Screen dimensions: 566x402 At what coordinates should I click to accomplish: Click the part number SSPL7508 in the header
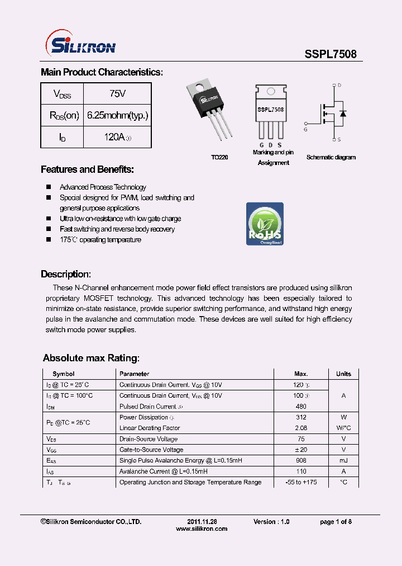(x=330, y=54)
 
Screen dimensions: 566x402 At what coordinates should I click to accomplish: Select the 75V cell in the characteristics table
(x=117, y=93)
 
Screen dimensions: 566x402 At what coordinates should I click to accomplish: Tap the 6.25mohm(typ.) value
(x=117, y=115)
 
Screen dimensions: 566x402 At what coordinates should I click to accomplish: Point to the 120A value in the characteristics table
(x=117, y=137)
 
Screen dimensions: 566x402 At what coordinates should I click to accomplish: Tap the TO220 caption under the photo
(x=219, y=158)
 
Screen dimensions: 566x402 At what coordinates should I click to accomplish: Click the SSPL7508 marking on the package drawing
(x=270, y=110)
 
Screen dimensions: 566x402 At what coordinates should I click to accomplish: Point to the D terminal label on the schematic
(x=339, y=86)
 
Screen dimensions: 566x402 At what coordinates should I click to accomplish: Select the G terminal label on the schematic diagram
(x=305, y=129)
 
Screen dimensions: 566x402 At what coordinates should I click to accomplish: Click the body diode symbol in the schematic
(x=342, y=114)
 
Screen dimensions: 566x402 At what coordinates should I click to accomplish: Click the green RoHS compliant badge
(x=265, y=224)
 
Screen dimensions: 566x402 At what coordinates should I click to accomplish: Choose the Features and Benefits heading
(x=87, y=169)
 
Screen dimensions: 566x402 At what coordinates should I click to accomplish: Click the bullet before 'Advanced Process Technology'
(x=49, y=187)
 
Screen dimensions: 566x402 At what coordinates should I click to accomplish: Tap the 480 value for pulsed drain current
(x=301, y=407)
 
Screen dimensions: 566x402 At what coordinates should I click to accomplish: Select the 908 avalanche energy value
(x=301, y=460)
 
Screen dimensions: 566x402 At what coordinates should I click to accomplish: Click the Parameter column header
(x=135, y=374)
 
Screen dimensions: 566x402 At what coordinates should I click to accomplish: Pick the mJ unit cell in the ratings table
(x=343, y=460)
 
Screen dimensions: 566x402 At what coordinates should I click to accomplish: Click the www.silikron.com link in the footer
(x=202, y=529)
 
